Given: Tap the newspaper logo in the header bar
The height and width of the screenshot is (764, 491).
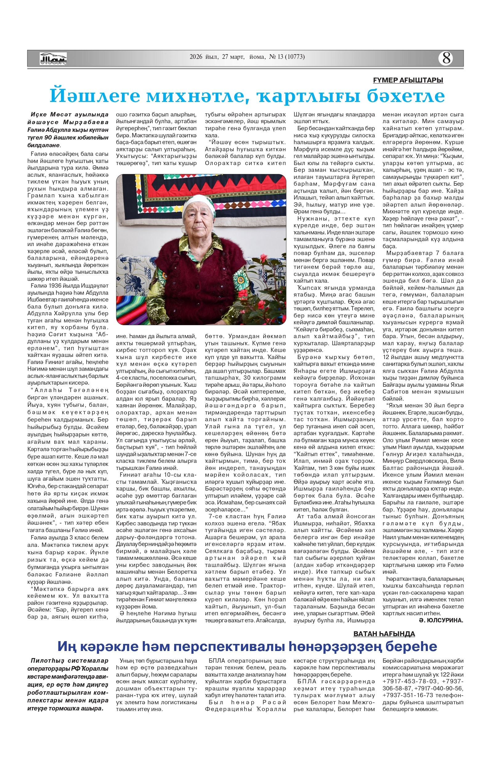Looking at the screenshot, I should (x=53, y=59).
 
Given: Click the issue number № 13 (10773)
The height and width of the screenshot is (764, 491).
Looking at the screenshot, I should (x=287, y=57).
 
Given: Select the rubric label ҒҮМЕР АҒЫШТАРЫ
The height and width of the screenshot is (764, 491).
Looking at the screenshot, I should (x=408, y=80).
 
